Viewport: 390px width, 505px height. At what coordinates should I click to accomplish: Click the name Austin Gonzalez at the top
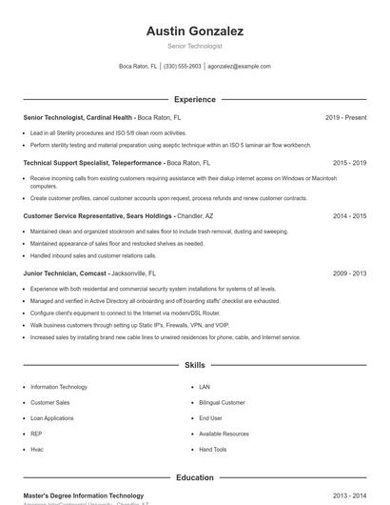click(x=194, y=31)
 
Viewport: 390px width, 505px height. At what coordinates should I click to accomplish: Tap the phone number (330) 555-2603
click(x=183, y=67)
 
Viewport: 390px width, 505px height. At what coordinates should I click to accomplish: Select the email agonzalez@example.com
click(x=239, y=67)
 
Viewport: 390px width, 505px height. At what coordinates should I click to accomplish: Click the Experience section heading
click(x=194, y=99)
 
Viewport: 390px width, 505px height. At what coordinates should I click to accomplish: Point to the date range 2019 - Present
click(x=345, y=117)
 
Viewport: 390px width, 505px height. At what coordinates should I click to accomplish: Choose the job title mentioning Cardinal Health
click(x=77, y=117)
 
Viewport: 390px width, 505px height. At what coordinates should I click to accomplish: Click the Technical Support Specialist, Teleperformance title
click(x=92, y=163)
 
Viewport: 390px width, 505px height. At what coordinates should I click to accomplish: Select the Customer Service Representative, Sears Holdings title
click(x=97, y=216)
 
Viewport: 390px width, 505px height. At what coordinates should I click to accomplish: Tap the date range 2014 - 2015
click(x=349, y=216)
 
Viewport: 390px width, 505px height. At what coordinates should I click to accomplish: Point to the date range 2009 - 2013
click(x=349, y=273)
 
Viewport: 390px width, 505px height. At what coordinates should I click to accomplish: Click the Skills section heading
click(x=194, y=365)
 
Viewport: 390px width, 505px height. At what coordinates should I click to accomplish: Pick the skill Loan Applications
click(x=51, y=418)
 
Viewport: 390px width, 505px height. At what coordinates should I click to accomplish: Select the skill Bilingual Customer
click(x=222, y=403)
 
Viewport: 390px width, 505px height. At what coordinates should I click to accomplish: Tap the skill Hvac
click(x=37, y=449)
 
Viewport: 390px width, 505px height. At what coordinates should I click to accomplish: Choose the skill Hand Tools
click(x=213, y=449)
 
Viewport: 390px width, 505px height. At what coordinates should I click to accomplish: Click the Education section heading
click(x=194, y=477)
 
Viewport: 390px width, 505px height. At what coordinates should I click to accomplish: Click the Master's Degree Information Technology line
click(x=84, y=495)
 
